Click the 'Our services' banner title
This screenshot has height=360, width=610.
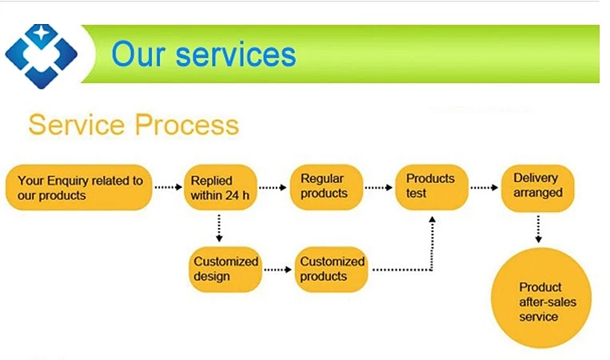point(204,54)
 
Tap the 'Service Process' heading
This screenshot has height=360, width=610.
point(134,125)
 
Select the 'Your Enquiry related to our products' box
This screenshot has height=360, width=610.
point(79,188)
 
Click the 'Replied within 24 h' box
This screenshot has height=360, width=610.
point(219,188)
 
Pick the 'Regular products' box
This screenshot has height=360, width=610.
point(325,187)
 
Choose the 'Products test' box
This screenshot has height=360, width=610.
point(431,186)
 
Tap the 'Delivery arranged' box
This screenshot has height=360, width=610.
point(538,186)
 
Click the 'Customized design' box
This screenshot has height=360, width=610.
point(226,269)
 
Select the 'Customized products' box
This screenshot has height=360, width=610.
point(332,269)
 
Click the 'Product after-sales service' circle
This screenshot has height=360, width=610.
point(540,300)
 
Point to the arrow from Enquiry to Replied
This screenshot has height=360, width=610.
point(168,188)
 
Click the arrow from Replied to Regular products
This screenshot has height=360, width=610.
point(273,188)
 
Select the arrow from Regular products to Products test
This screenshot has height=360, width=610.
point(380,188)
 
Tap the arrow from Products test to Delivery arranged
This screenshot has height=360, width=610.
point(484,188)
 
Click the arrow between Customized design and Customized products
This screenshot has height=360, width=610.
point(278,270)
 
